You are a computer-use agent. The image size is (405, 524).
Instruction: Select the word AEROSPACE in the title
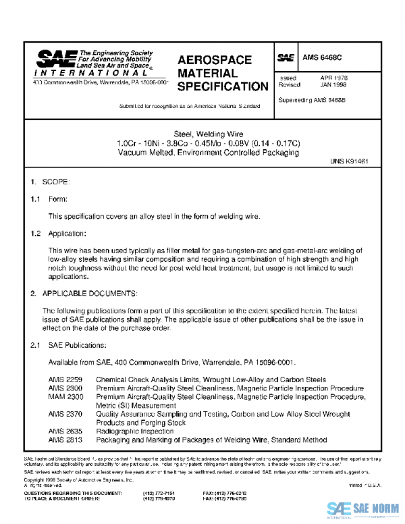click(214, 60)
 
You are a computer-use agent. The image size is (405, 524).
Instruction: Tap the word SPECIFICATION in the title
click(222, 86)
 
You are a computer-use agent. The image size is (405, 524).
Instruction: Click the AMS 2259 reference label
click(65, 379)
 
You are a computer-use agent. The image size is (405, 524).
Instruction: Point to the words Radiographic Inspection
click(134, 430)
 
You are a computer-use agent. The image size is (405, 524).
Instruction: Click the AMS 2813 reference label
click(65, 439)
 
